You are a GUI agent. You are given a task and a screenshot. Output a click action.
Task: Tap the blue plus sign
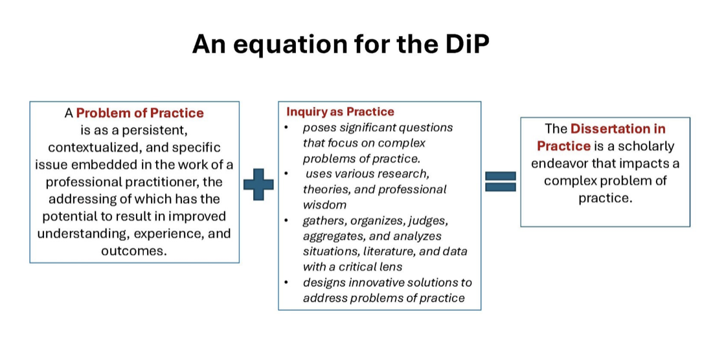click(x=258, y=185)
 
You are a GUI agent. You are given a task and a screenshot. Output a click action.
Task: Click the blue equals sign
click(x=501, y=181)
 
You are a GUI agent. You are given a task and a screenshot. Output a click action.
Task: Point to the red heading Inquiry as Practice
click(x=340, y=112)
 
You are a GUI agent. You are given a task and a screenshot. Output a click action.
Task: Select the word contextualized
click(x=104, y=148)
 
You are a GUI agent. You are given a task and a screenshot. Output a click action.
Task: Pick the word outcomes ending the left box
click(x=134, y=251)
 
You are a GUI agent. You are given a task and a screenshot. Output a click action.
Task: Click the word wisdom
click(x=324, y=205)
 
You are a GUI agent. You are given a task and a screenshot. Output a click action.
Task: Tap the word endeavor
click(x=560, y=164)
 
